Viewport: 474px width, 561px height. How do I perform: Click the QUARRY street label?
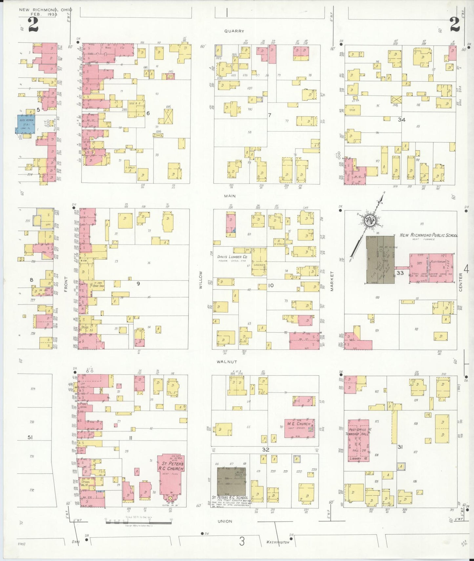234,31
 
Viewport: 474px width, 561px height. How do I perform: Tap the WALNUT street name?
226,362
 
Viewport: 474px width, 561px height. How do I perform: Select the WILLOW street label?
200,280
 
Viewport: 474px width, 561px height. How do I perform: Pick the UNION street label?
225,521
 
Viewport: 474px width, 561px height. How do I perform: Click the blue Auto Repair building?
26,124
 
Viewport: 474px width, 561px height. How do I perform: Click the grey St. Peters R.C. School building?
231,481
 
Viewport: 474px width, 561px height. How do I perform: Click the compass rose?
371,220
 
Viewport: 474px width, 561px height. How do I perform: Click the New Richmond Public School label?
428,235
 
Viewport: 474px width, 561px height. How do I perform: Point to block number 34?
402,120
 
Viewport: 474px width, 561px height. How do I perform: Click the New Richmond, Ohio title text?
45,10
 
